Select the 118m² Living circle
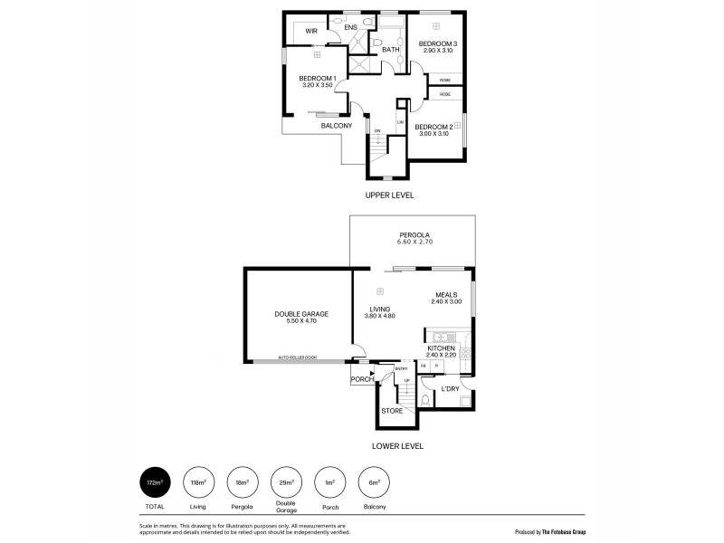click(197, 483)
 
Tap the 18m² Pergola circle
click(241, 483)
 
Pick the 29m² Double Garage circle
click(284, 483)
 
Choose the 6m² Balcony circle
click(371, 483)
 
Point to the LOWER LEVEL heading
click(397, 446)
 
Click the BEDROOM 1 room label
click(318, 79)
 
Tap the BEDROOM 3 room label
click(436, 44)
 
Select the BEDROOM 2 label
click(433, 128)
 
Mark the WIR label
click(310, 31)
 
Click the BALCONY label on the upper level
click(336, 126)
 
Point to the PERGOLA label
click(411, 234)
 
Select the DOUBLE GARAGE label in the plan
click(301, 314)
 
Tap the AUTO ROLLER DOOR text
click(298, 357)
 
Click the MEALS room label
click(446, 294)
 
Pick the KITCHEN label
click(441, 348)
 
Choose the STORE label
click(392, 411)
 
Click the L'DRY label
click(450, 389)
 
